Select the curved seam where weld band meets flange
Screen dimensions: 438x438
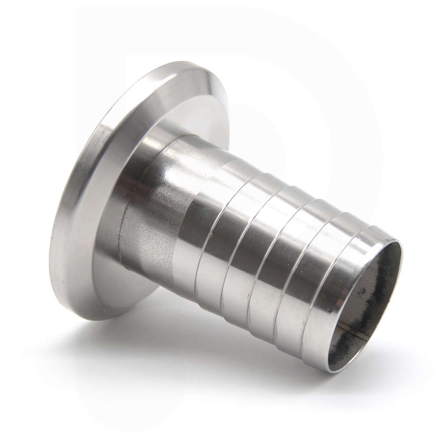click(122, 230)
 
